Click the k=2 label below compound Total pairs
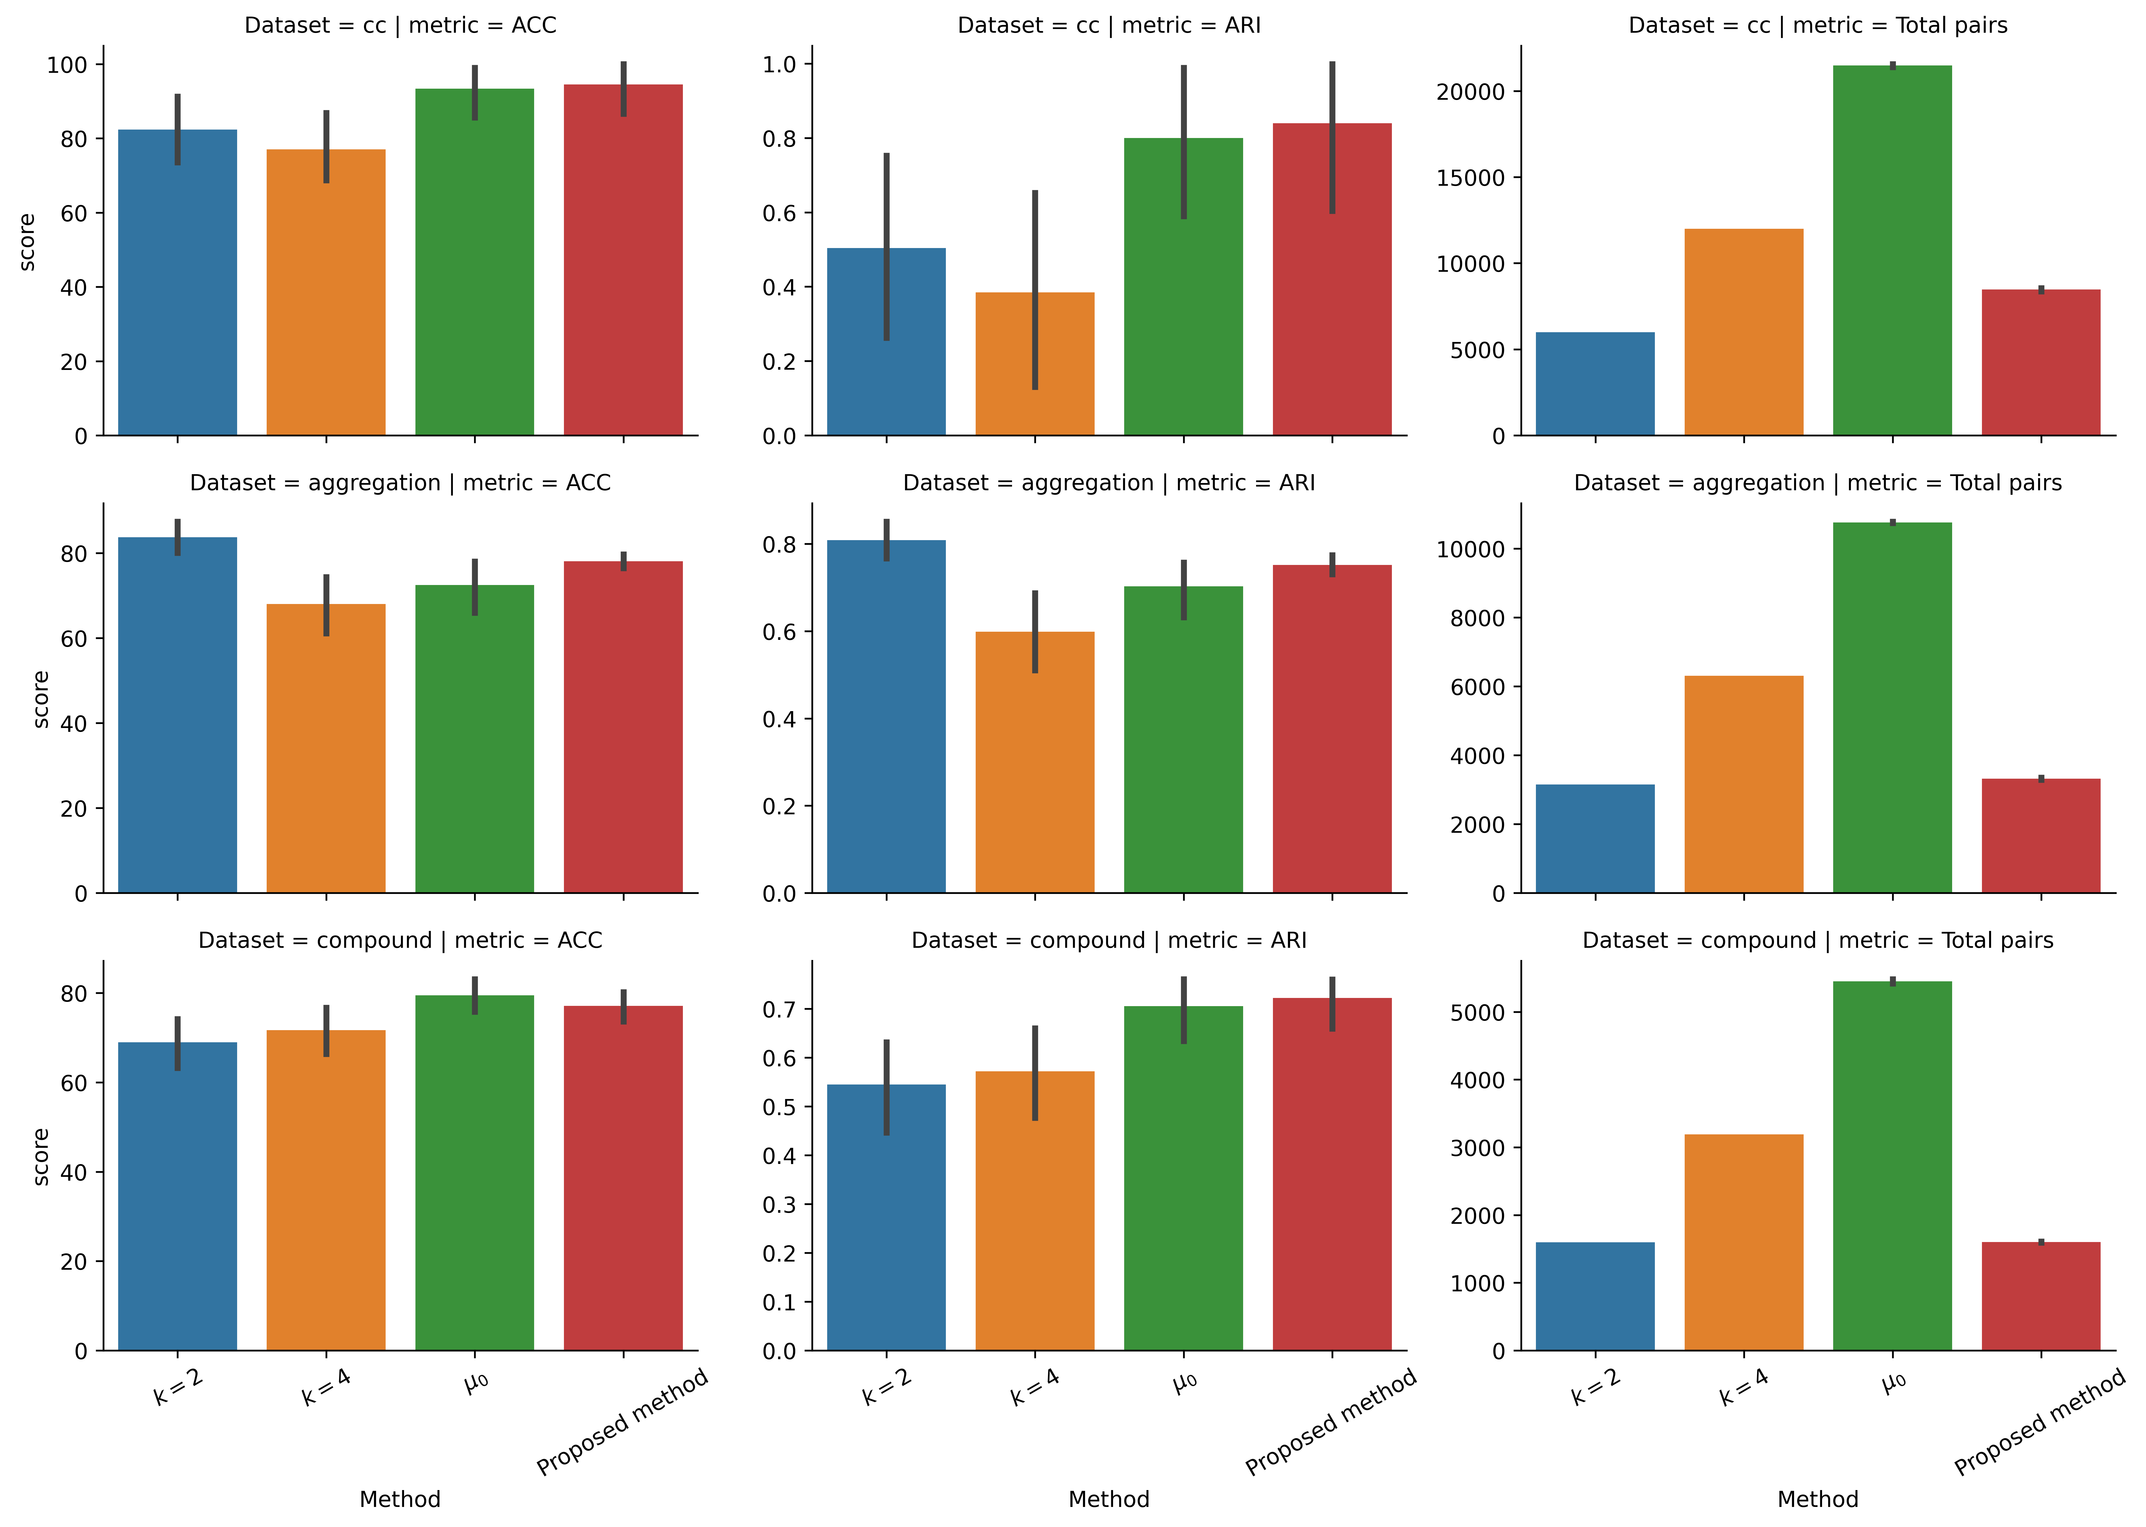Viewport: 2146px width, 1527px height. click(x=1595, y=1387)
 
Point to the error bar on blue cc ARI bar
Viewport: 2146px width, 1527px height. click(x=887, y=246)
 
